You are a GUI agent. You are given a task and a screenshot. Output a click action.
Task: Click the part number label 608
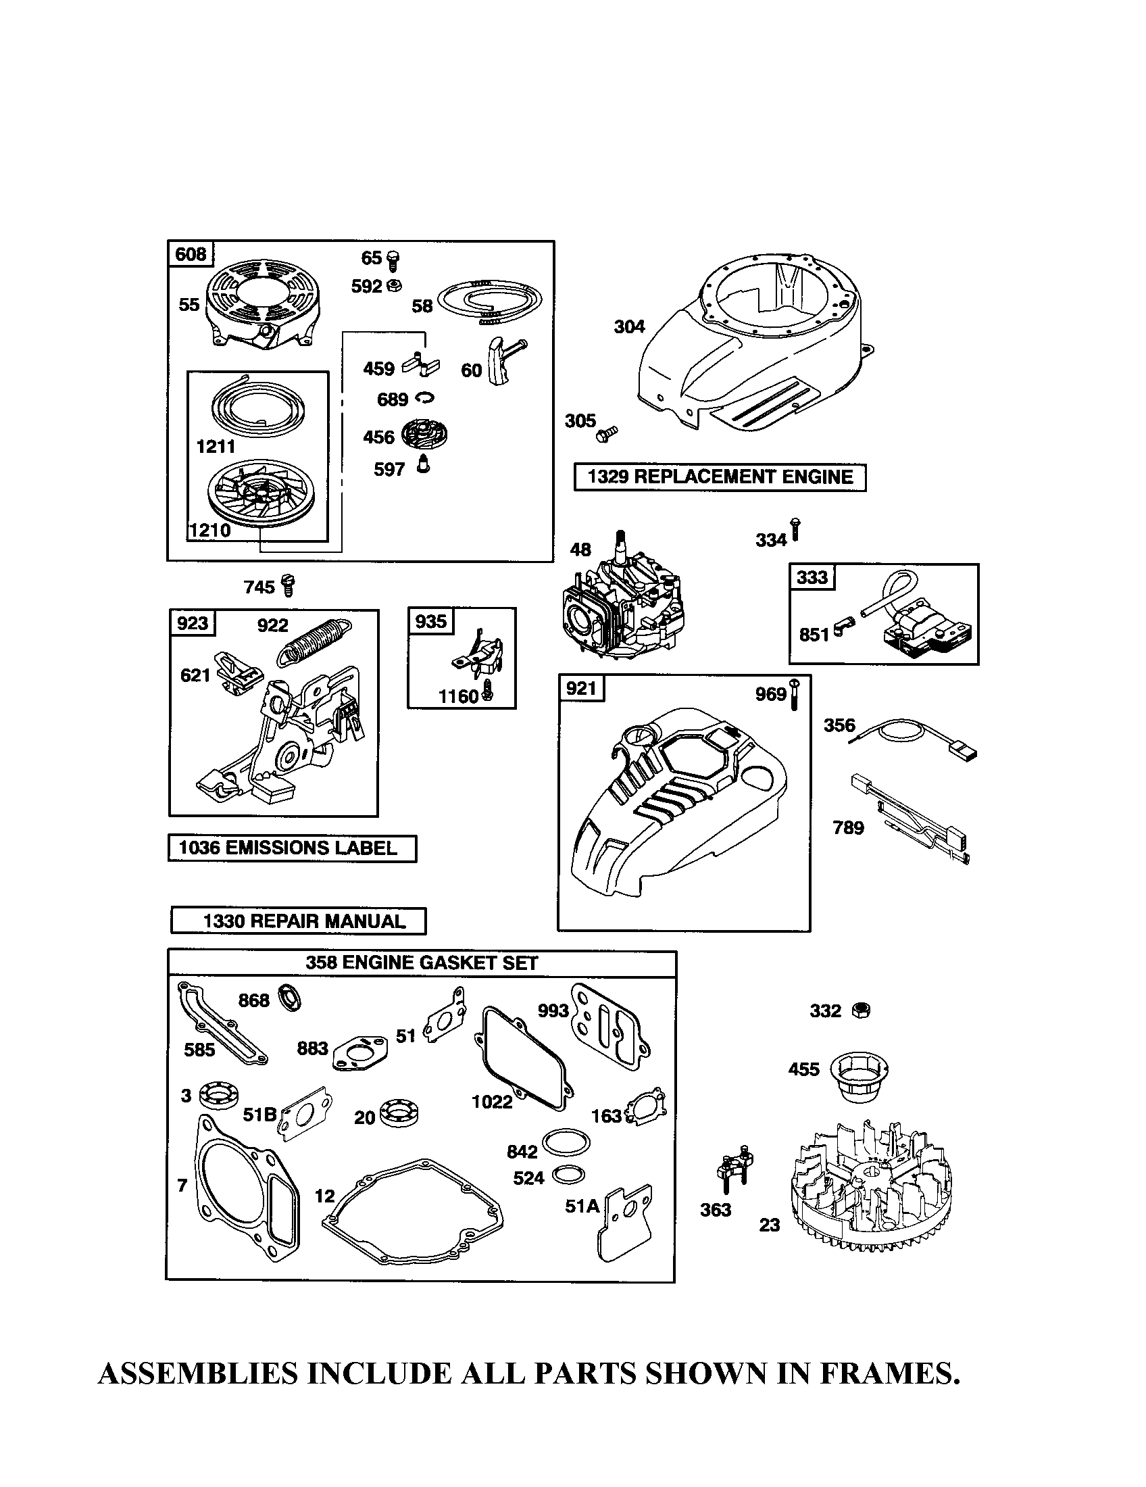point(191,255)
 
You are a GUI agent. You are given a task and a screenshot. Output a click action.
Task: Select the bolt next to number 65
point(393,259)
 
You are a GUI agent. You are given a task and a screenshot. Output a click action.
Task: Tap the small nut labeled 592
point(394,286)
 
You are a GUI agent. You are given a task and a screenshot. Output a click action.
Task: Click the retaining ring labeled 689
point(424,398)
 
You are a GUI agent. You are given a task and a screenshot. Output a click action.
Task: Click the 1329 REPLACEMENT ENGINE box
point(720,477)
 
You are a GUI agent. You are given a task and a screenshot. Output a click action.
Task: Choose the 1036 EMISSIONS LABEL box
point(292,848)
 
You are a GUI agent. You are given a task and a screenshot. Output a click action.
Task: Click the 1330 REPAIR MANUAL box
point(298,921)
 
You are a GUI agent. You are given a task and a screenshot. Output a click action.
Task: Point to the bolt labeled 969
point(794,695)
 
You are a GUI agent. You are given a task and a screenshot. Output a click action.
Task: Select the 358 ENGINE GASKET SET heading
point(421,963)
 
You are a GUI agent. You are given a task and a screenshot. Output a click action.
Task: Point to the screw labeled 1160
point(489,693)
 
